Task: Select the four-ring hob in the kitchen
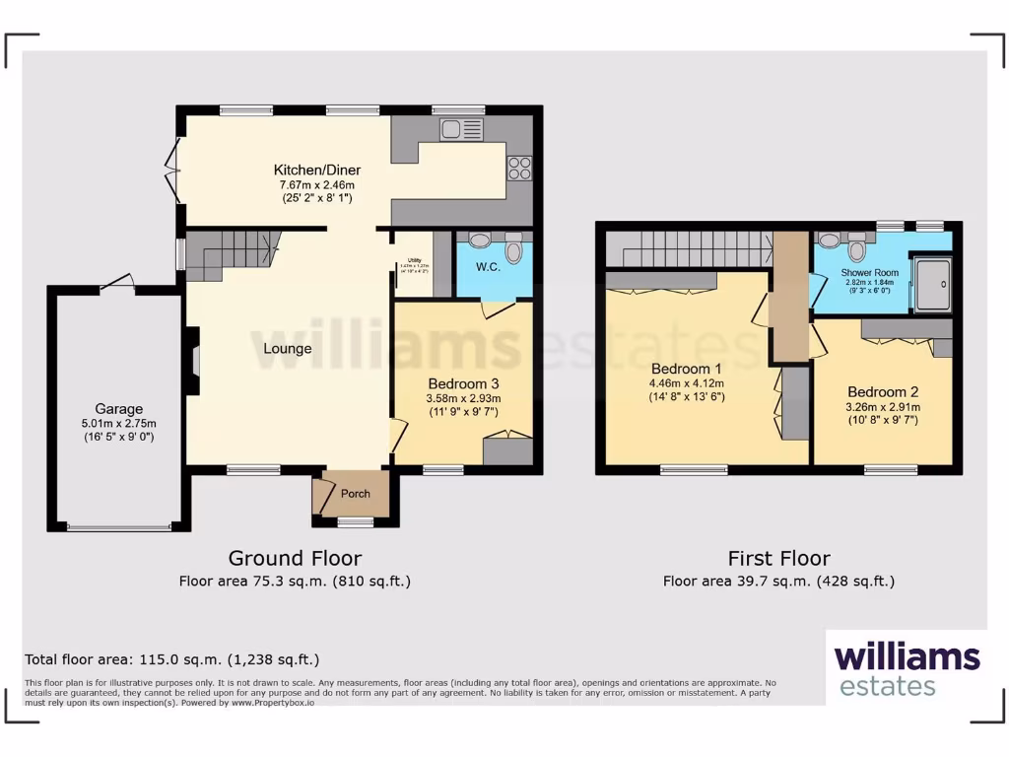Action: tap(518, 169)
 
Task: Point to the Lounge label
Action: tap(287, 349)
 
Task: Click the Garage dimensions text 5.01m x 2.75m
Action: tap(118, 424)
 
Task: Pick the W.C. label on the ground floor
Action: tap(489, 267)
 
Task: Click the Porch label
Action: tap(355, 494)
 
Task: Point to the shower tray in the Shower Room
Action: tap(932, 285)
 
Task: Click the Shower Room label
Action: tap(869, 272)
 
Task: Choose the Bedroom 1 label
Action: tap(686, 369)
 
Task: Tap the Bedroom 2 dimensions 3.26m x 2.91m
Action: tap(883, 406)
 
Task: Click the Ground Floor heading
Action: tap(295, 559)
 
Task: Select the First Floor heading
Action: tap(778, 559)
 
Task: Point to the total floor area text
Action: tap(171, 659)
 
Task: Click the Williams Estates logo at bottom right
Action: tap(907, 668)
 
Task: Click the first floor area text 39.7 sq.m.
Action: tap(778, 582)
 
